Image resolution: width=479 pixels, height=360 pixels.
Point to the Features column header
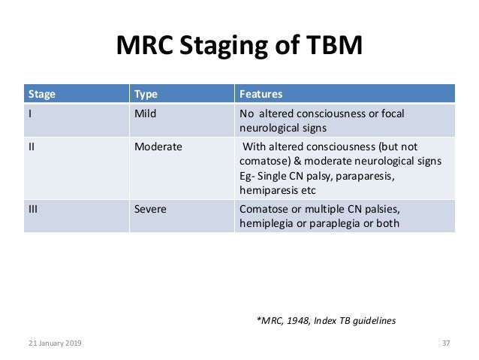pos(261,95)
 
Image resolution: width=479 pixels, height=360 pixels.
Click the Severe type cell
pos(150,207)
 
